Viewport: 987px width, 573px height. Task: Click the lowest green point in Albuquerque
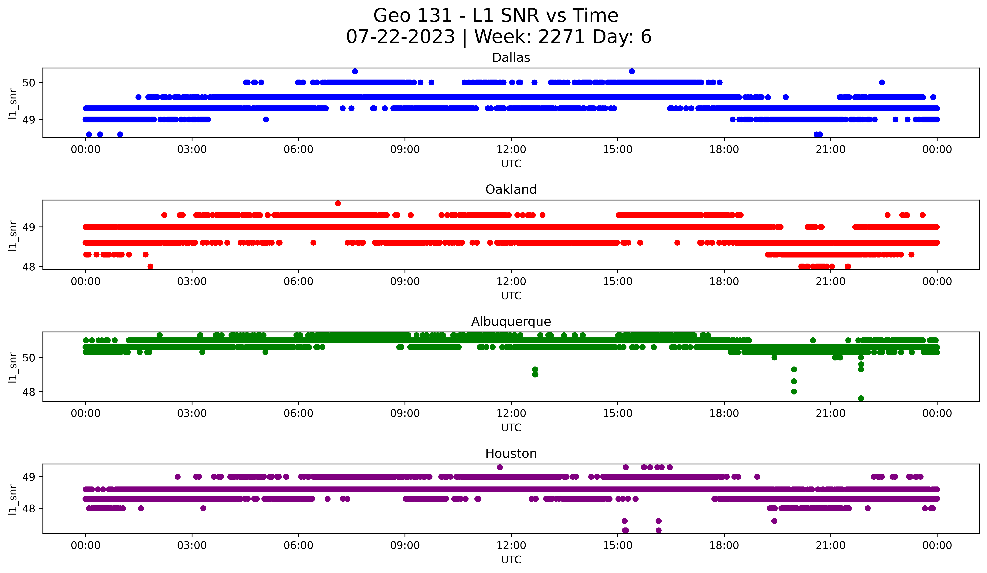tap(861, 398)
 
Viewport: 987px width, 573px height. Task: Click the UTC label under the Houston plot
tap(511, 560)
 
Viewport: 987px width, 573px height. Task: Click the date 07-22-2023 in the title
tap(400, 37)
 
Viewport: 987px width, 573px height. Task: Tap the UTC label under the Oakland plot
tap(511, 296)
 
